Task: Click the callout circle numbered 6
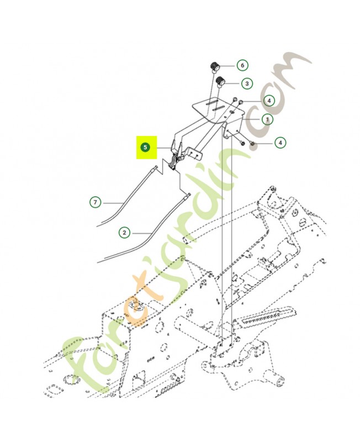click(242, 65)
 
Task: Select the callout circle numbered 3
click(247, 83)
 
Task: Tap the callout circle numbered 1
click(267, 119)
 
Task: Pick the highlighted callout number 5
click(145, 147)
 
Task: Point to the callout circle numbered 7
click(95, 202)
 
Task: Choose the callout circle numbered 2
click(124, 233)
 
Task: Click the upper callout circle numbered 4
click(269, 101)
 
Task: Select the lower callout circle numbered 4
click(280, 143)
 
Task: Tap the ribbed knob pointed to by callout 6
click(215, 66)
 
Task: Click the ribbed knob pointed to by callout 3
click(220, 82)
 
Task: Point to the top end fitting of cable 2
click(188, 196)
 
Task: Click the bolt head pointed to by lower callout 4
click(252, 144)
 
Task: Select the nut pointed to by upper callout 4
click(241, 102)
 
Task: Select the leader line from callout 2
click(140, 233)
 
